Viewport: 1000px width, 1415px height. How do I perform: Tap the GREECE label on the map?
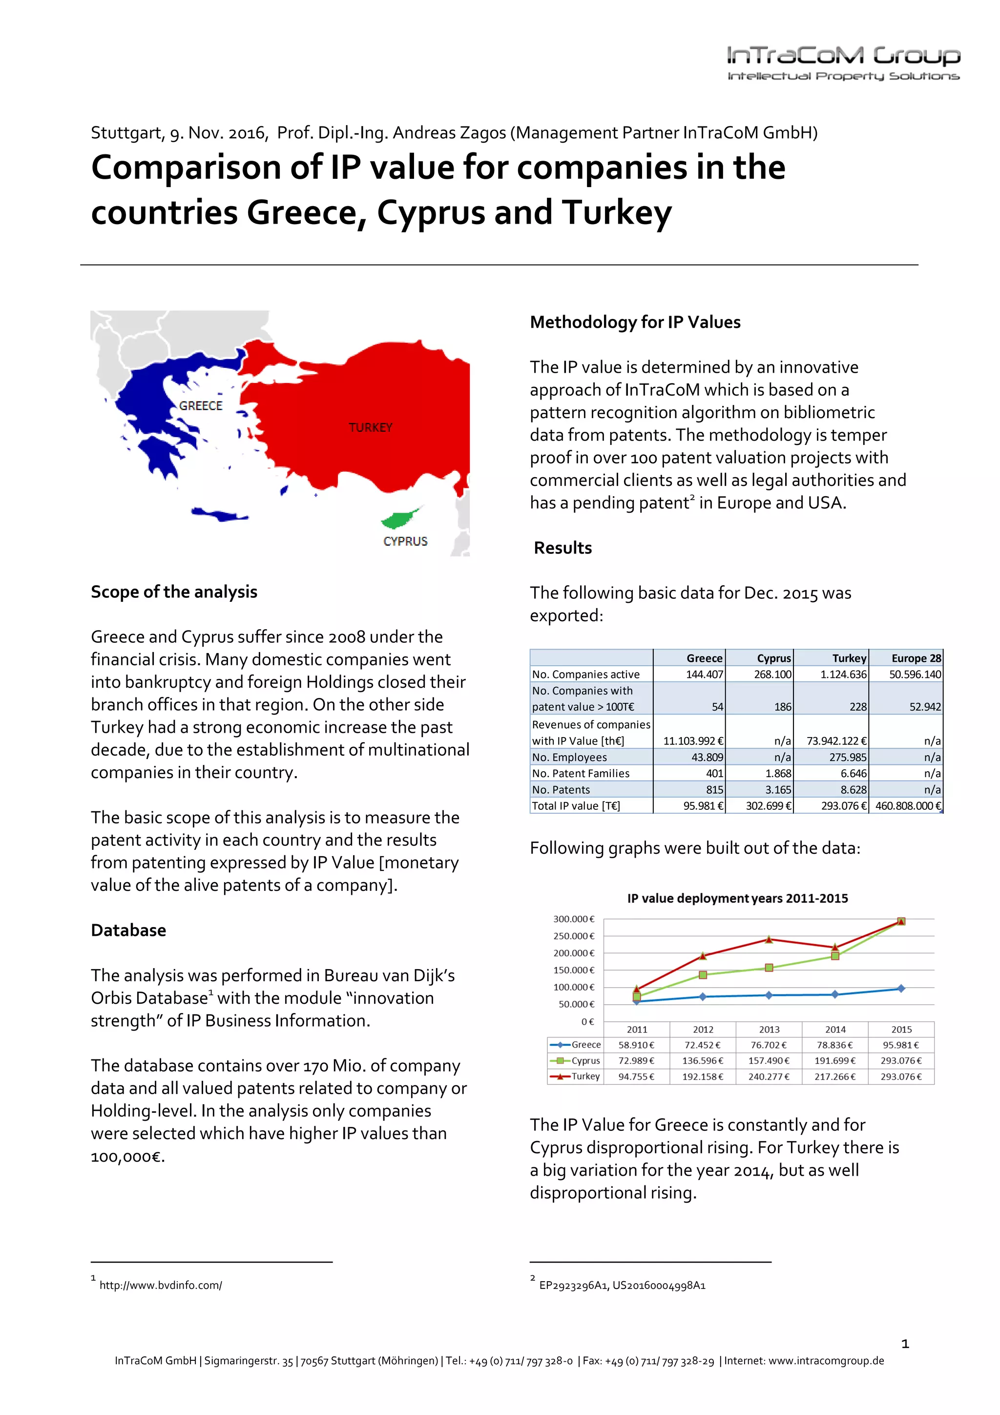click(x=201, y=405)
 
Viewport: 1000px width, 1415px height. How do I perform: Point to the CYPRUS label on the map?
click(x=405, y=541)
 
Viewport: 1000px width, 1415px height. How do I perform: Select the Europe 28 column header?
click(x=916, y=658)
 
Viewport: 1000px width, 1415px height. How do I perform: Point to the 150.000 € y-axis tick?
click(x=574, y=970)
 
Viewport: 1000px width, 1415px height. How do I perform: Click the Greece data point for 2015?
click(x=901, y=988)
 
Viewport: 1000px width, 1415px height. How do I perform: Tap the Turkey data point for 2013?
click(x=769, y=939)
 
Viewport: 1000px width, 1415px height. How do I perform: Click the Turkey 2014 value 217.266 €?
click(x=835, y=1077)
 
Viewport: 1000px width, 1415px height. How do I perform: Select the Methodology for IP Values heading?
click(x=635, y=322)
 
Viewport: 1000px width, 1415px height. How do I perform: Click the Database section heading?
click(x=128, y=930)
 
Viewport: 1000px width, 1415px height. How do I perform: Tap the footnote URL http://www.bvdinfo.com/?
click(x=160, y=1285)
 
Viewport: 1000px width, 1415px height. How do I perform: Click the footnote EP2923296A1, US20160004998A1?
click(x=622, y=1285)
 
